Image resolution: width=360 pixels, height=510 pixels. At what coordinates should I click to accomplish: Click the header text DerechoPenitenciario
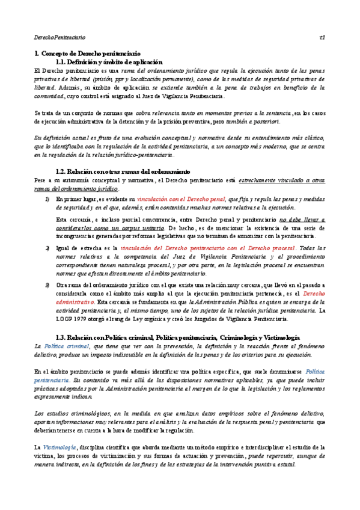tap(59, 37)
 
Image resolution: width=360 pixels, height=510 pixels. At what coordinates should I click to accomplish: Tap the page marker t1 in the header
tap(322, 37)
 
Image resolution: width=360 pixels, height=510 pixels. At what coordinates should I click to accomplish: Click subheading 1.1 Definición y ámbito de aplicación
tap(109, 62)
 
